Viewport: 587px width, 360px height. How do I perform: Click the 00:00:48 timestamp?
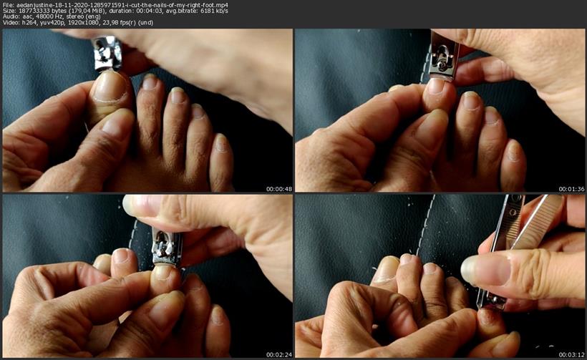279,189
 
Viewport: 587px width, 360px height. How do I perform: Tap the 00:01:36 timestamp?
572,189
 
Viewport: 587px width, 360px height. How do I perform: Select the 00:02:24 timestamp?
279,354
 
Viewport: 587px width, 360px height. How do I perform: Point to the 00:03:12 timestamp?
572,354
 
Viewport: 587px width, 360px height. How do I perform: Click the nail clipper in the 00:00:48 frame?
107,53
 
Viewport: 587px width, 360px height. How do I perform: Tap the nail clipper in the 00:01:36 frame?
444,56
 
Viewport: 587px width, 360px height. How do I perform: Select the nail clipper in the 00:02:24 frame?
167,248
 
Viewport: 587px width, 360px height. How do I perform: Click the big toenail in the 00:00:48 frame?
110,87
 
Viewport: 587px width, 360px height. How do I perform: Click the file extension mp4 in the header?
223,5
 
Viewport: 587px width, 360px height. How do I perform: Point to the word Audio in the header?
10,17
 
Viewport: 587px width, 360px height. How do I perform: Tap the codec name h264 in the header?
27,22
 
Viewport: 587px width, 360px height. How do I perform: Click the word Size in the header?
7,11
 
